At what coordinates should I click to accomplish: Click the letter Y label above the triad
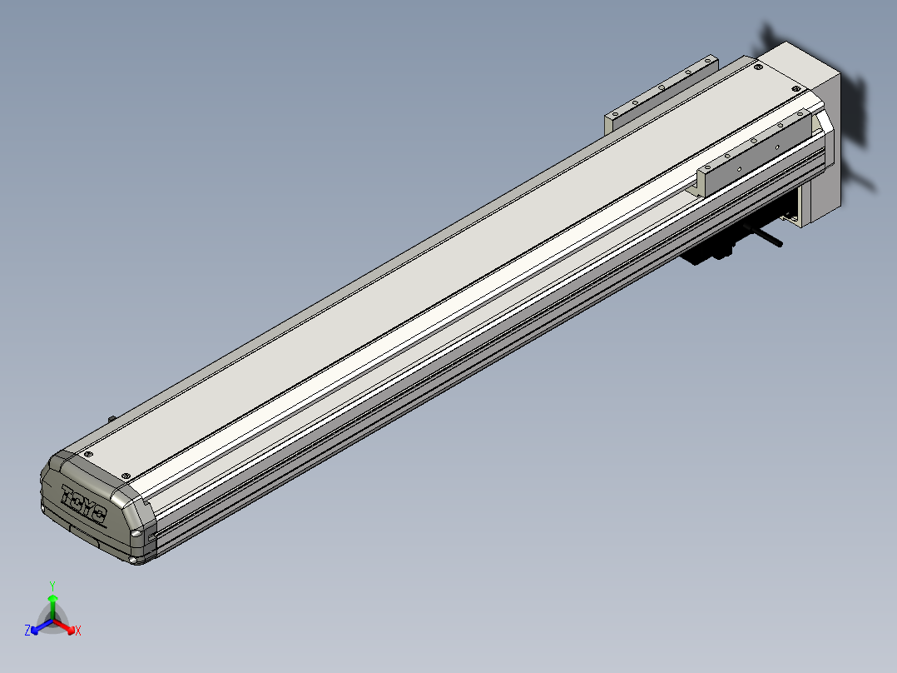[x=52, y=585]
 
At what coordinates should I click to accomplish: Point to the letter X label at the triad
[x=78, y=631]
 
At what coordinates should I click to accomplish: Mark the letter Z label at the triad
[x=27, y=631]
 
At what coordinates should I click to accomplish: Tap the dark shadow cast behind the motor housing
[x=857, y=117]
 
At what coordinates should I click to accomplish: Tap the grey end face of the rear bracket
[x=609, y=120]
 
